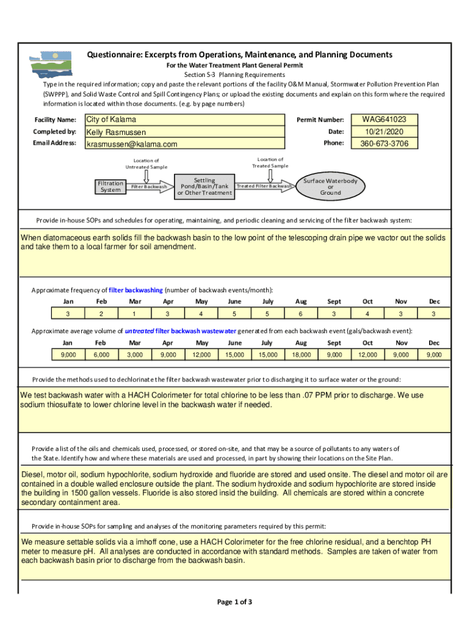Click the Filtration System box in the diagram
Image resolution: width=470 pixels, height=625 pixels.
tap(110, 186)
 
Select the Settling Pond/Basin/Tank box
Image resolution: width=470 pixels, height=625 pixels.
tap(204, 186)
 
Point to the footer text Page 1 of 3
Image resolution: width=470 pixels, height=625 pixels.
tap(234, 602)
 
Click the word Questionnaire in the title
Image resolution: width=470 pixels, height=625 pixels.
tap(113, 55)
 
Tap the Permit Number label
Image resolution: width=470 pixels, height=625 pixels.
tap(320, 120)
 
